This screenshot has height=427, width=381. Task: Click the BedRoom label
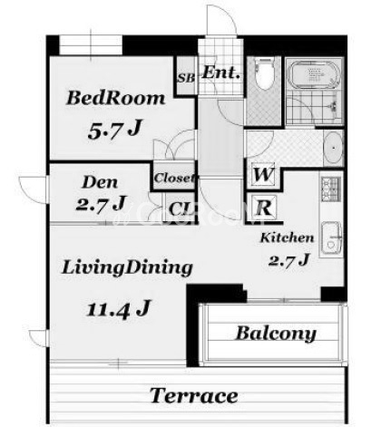click(116, 98)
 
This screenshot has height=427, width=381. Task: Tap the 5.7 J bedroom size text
click(115, 130)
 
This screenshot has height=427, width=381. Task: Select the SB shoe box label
click(186, 78)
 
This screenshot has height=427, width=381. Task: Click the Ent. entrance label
click(220, 73)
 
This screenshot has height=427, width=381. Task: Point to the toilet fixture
click(265, 74)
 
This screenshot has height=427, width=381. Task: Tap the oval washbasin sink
click(334, 148)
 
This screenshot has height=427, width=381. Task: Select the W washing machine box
click(264, 175)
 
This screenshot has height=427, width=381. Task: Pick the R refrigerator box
click(264, 208)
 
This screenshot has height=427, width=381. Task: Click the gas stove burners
click(331, 189)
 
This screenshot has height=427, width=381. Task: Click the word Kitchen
click(287, 238)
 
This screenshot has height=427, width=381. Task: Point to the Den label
click(100, 182)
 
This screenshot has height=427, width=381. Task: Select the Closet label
click(174, 178)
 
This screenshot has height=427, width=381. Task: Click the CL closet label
click(181, 209)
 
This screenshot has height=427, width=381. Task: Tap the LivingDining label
click(127, 268)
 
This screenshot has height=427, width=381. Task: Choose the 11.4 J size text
click(118, 308)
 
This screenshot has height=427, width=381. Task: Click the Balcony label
click(276, 334)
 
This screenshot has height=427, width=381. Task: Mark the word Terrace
click(193, 395)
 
